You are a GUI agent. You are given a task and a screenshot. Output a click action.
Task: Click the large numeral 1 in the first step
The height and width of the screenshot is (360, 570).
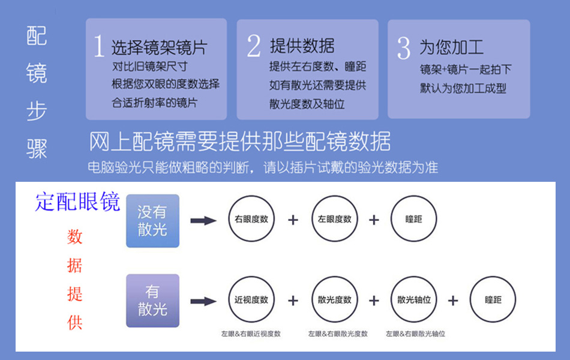99,46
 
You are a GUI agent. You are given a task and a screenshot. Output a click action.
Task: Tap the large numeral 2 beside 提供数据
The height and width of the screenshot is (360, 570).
254,46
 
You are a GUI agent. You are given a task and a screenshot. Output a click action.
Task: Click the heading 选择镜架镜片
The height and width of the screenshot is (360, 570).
159,47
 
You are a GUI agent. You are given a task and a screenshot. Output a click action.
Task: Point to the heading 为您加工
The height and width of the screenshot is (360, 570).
451,47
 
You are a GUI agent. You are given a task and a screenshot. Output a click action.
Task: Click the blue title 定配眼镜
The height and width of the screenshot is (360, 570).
78,202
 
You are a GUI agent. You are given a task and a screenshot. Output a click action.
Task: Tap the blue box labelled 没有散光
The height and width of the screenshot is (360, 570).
152,221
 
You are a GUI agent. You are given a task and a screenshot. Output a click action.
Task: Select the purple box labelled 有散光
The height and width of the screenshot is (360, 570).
152,300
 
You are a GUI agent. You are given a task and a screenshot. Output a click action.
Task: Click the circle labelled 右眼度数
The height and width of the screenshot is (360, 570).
251,220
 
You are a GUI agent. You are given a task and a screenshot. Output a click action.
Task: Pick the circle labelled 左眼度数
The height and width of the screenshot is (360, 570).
334,220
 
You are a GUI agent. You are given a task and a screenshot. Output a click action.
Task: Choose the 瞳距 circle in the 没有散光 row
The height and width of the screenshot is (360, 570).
413,220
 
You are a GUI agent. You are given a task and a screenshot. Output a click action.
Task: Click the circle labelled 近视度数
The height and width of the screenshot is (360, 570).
251,300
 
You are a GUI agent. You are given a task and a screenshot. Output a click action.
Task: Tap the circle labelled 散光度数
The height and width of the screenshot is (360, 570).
334,300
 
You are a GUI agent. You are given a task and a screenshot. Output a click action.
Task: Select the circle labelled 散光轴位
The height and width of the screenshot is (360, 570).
413,300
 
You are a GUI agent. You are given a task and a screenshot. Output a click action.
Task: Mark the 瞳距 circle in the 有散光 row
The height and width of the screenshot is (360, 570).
493,300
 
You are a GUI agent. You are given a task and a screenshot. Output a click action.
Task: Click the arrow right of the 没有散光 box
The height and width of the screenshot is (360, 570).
203,221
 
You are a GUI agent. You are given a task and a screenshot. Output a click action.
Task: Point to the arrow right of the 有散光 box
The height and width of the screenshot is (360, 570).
203,301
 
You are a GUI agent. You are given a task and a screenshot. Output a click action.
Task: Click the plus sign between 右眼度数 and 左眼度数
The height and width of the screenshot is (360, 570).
293,220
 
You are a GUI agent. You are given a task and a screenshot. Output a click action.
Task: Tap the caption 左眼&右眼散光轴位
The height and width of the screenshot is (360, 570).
416,334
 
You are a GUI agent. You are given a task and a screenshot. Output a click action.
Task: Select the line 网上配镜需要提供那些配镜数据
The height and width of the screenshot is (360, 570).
240,142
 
